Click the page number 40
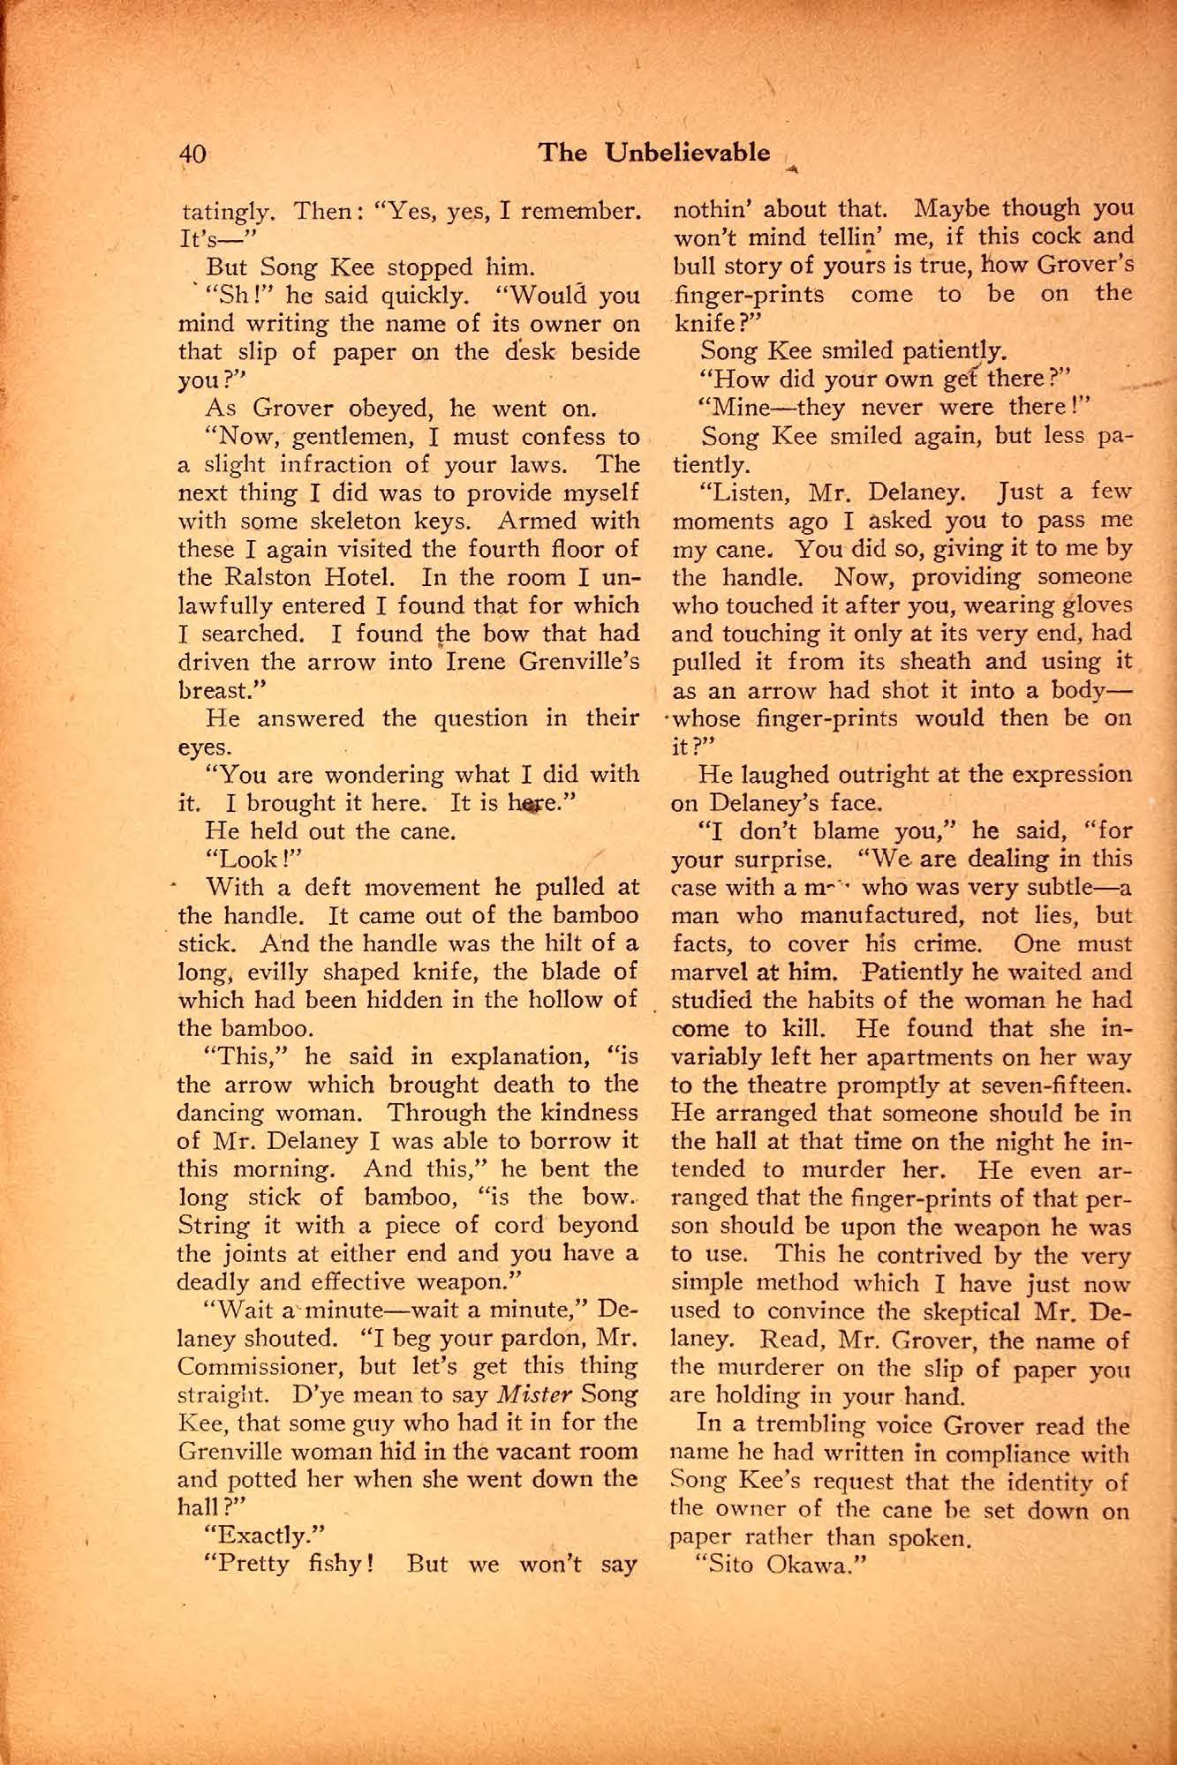point(193,154)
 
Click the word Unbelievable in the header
point(688,153)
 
